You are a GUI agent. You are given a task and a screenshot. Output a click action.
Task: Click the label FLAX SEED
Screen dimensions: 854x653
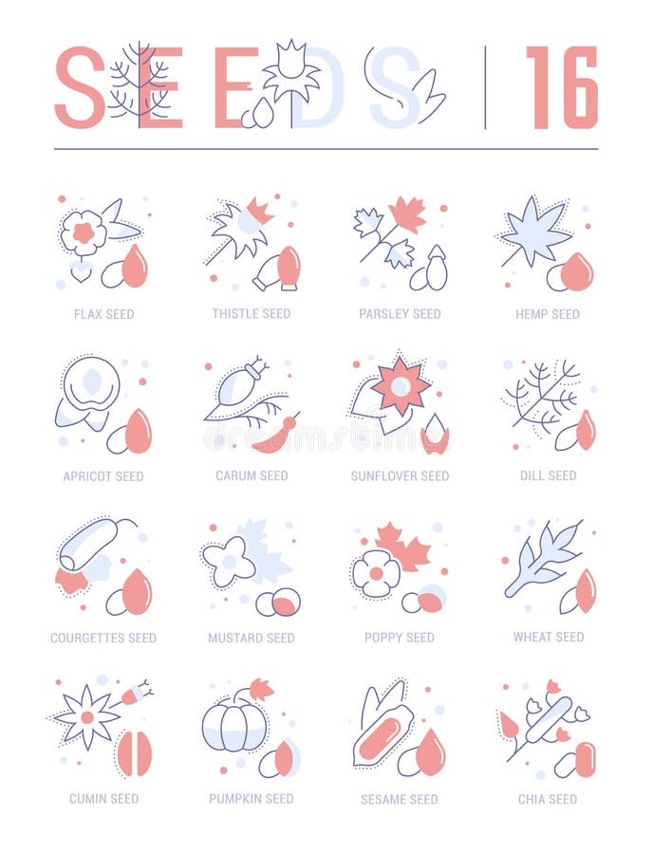103,314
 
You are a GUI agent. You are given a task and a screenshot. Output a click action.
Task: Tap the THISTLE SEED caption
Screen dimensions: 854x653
251,314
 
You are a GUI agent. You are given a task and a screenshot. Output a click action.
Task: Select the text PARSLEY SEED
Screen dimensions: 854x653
400,314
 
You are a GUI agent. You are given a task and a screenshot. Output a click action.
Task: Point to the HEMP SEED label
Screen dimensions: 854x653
548,314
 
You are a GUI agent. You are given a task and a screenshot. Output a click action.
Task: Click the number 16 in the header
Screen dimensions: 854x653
562,87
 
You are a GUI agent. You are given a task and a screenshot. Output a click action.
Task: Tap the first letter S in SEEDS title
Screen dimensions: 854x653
80,87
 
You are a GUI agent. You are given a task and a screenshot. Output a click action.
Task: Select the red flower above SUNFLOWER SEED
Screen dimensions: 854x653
401,385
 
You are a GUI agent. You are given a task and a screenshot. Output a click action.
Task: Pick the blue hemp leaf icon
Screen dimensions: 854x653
535,232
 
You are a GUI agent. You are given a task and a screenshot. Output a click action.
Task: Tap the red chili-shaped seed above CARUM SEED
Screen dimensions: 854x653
275,437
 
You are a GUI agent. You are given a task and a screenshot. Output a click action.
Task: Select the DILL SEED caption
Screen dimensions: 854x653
548,475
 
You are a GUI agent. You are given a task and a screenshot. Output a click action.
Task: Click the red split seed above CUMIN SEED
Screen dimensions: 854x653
134,754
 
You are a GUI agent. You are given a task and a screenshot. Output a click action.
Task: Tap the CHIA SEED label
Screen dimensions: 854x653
548,799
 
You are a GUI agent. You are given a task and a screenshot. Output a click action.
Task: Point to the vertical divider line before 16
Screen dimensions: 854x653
485,87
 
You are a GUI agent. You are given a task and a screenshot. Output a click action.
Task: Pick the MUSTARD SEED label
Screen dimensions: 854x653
251,638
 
